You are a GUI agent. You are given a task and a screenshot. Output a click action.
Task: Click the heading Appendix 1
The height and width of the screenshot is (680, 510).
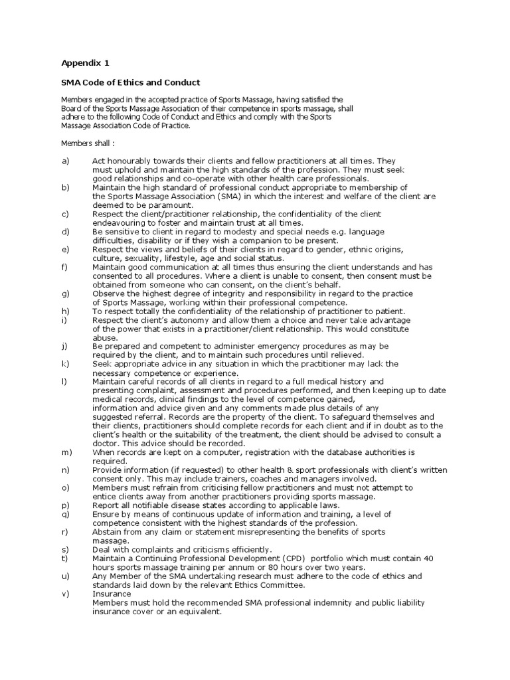[x=85, y=64]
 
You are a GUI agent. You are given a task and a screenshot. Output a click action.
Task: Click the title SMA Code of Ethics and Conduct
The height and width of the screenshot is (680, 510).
[x=131, y=82]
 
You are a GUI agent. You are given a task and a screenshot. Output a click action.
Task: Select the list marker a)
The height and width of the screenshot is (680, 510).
[x=65, y=161]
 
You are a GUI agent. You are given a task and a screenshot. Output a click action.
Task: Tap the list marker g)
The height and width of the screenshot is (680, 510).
[x=65, y=293]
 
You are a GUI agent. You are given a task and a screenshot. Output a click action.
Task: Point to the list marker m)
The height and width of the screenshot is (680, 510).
[x=66, y=452]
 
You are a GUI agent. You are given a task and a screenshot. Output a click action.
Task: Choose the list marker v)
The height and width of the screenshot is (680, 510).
[x=65, y=594]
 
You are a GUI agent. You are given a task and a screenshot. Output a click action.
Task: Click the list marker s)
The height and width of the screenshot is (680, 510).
[x=65, y=549]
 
